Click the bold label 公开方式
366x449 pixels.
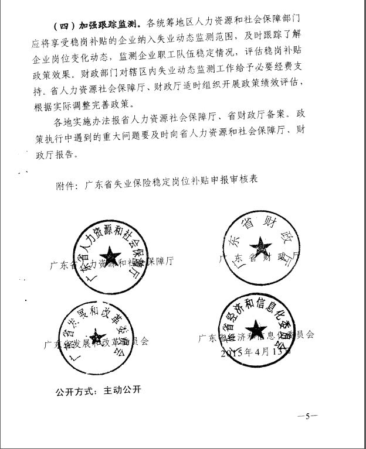pyautogui.click(x=74, y=389)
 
